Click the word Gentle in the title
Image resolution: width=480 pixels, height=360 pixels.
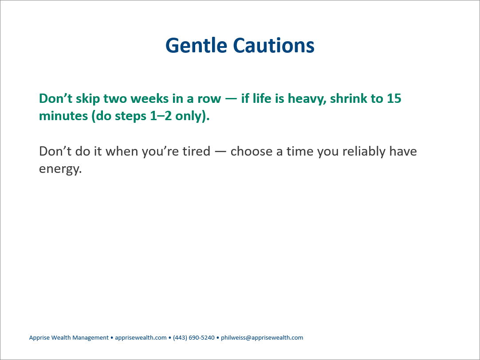196,46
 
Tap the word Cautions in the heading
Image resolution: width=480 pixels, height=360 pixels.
274,46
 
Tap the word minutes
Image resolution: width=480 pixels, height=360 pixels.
63,116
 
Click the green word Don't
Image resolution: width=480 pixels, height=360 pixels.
55,98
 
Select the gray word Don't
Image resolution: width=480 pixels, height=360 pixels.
55,151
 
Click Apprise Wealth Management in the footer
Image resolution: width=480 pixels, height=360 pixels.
69,338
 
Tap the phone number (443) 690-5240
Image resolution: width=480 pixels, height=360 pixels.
194,338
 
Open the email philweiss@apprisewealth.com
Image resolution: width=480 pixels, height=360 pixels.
262,338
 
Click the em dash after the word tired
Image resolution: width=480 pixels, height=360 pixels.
220,152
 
